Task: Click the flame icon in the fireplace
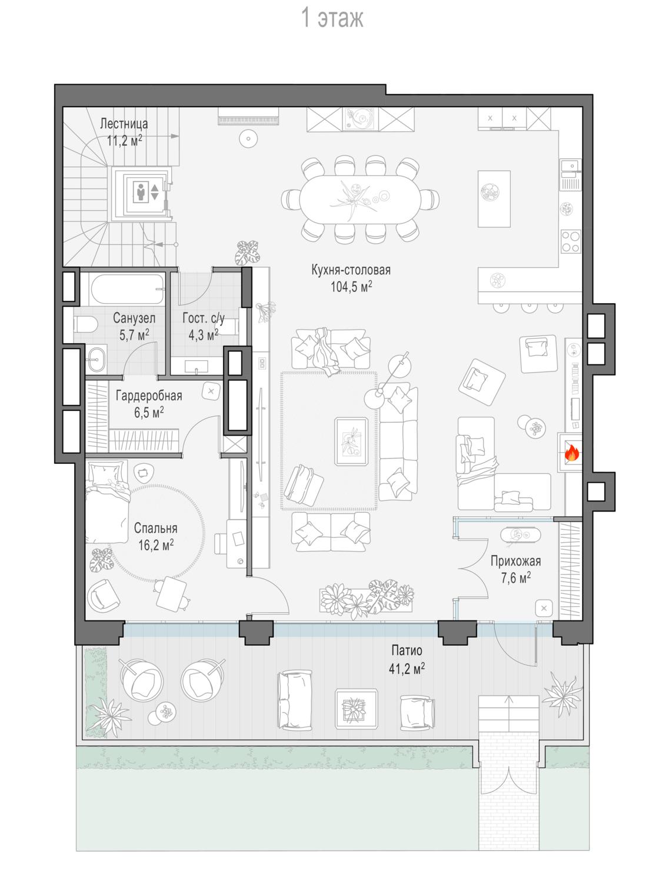click(571, 453)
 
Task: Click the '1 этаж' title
click(332, 18)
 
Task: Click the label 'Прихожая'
click(515, 561)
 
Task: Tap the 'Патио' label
click(407, 650)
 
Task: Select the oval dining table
click(360, 199)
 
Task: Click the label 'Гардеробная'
click(149, 396)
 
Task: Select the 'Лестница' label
click(124, 124)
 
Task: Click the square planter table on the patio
click(356, 709)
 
